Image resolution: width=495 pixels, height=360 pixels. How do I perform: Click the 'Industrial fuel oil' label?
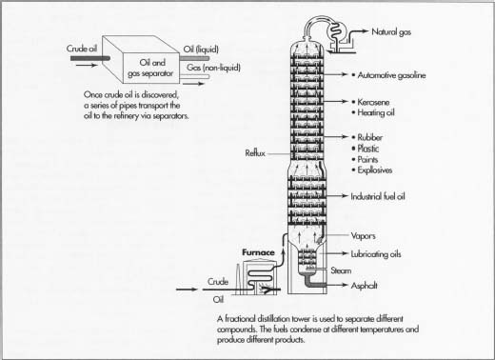[390, 195]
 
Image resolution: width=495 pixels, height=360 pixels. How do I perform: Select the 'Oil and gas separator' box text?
[146, 68]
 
